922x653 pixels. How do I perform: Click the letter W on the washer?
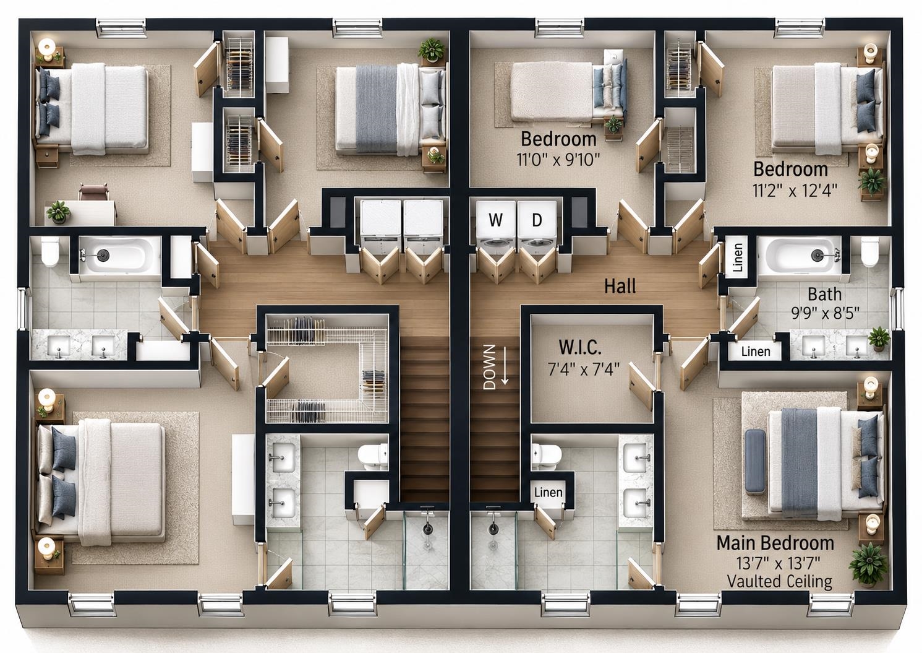pos(495,220)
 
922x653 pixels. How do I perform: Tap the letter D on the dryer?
pos(537,220)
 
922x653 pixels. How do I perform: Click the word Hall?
pos(620,286)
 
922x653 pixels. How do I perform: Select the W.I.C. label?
pos(579,348)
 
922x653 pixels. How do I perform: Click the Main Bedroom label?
pos(775,543)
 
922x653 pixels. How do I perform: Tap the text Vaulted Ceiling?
pos(780,581)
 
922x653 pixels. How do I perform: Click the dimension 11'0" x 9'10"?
pos(558,160)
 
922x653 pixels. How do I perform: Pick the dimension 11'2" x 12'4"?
pos(795,191)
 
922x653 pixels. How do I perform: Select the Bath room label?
pos(824,294)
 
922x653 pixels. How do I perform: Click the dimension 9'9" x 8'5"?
pos(826,314)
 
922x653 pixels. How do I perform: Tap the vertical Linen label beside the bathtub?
pos(738,257)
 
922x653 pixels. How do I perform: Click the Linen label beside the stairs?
pos(549,492)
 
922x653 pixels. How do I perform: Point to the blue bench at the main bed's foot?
pos(755,461)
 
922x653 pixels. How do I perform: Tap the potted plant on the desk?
pos(59,211)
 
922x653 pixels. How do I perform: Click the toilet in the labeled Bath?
pos(869,251)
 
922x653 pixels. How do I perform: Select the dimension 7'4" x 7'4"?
pos(584,369)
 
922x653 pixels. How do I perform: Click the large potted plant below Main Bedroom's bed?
pos(868,564)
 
